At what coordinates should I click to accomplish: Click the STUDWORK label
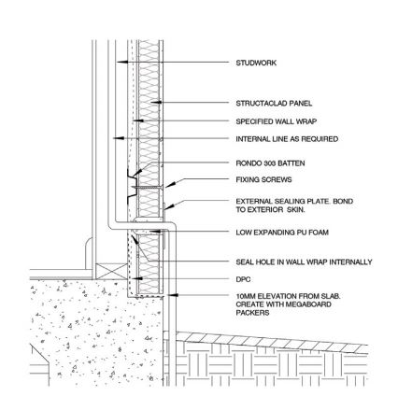pyautogui.click(x=256, y=63)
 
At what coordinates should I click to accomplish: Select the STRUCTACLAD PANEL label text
pyautogui.click(x=274, y=104)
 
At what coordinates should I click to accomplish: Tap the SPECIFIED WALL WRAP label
pyautogui.click(x=276, y=121)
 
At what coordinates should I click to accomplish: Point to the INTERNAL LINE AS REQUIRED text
pyautogui.click(x=287, y=139)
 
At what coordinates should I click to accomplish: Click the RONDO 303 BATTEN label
pyautogui.click(x=270, y=163)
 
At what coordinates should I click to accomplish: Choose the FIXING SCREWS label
pyautogui.click(x=263, y=179)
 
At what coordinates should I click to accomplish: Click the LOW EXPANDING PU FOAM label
pyautogui.click(x=282, y=233)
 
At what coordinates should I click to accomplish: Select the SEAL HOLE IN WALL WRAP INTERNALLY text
pyautogui.click(x=304, y=262)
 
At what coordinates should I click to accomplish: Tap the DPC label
pyautogui.click(x=243, y=279)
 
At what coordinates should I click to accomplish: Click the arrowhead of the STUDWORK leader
pyautogui.click(x=121, y=62)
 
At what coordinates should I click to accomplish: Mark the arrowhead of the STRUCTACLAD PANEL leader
pyautogui.click(x=158, y=102)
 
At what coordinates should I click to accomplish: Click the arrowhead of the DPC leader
pyautogui.click(x=137, y=278)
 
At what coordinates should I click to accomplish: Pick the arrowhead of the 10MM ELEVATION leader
pyautogui.click(x=173, y=295)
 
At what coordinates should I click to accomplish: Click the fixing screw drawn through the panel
pyautogui.click(x=147, y=187)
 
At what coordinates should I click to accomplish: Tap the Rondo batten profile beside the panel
pyautogui.click(x=132, y=187)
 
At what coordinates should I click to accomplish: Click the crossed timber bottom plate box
pyautogui.click(x=111, y=271)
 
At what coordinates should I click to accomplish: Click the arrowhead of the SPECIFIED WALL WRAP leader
pyautogui.click(x=138, y=120)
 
